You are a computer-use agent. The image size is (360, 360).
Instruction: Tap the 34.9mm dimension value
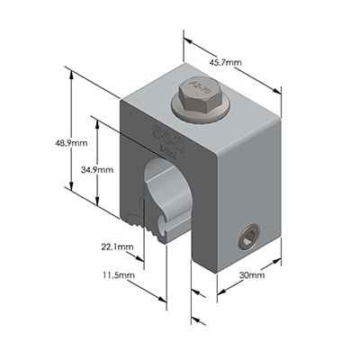click(x=97, y=169)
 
